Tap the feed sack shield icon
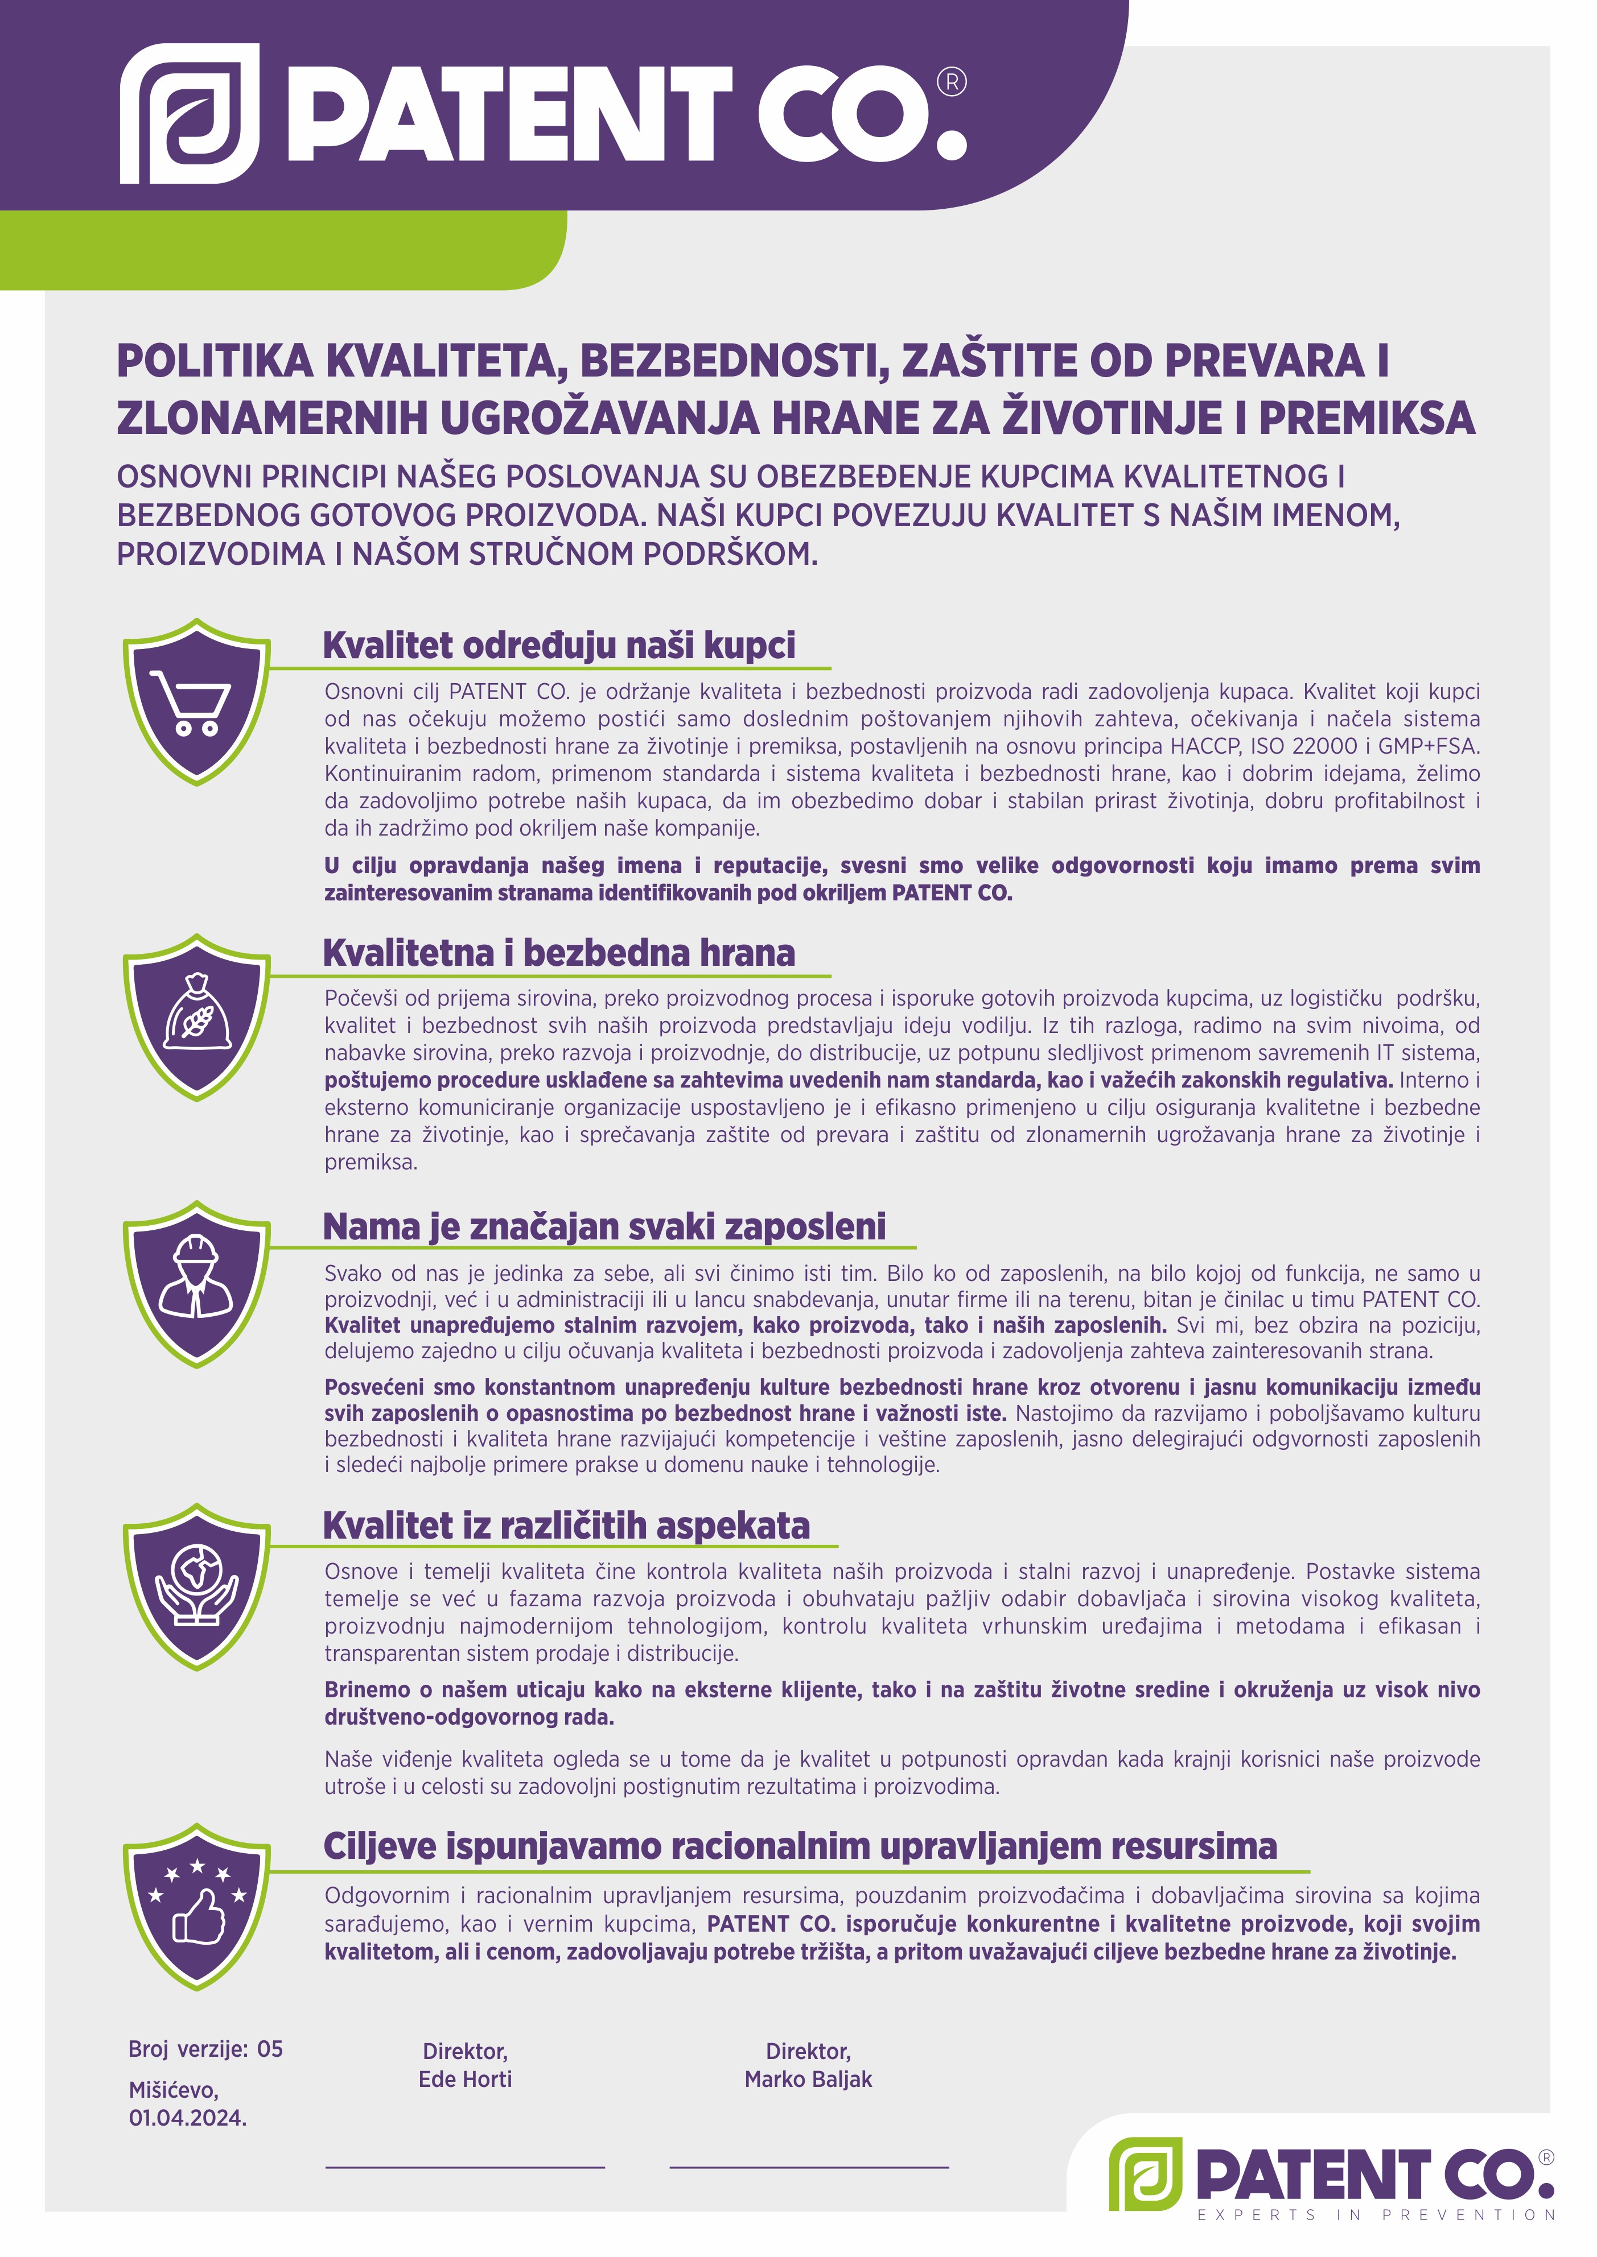(197, 1018)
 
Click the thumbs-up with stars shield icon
(197, 1907)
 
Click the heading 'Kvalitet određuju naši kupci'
(558, 646)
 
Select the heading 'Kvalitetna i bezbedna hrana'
(558, 953)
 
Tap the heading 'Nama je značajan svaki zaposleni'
(604, 1227)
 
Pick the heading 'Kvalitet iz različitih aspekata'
(566, 1526)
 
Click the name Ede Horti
(465, 2079)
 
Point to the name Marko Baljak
(808, 2079)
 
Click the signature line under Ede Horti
(464, 2165)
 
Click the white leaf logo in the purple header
(190, 114)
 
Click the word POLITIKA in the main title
(215, 362)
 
